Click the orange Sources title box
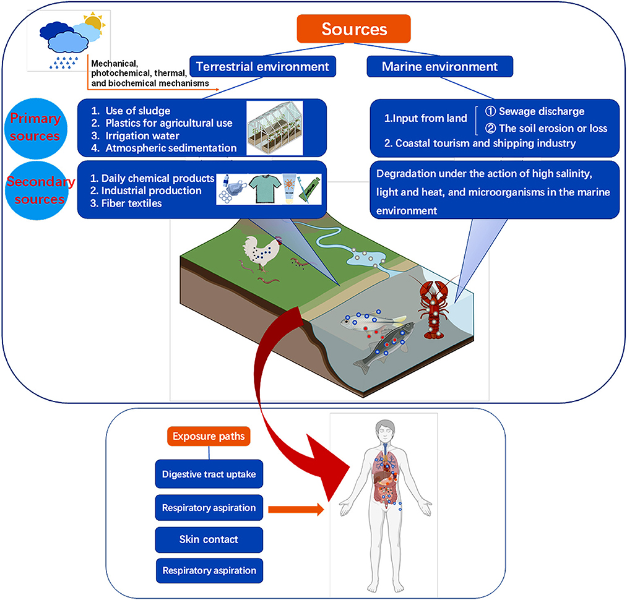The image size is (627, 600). point(354,29)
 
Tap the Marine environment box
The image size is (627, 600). point(440,66)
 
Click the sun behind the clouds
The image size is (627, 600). point(93,24)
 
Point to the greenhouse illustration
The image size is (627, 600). point(275,128)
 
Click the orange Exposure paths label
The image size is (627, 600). point(209,437)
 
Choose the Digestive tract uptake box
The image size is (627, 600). point(209,475)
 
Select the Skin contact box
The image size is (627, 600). point(209,539)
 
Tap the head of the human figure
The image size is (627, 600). point(384,429)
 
